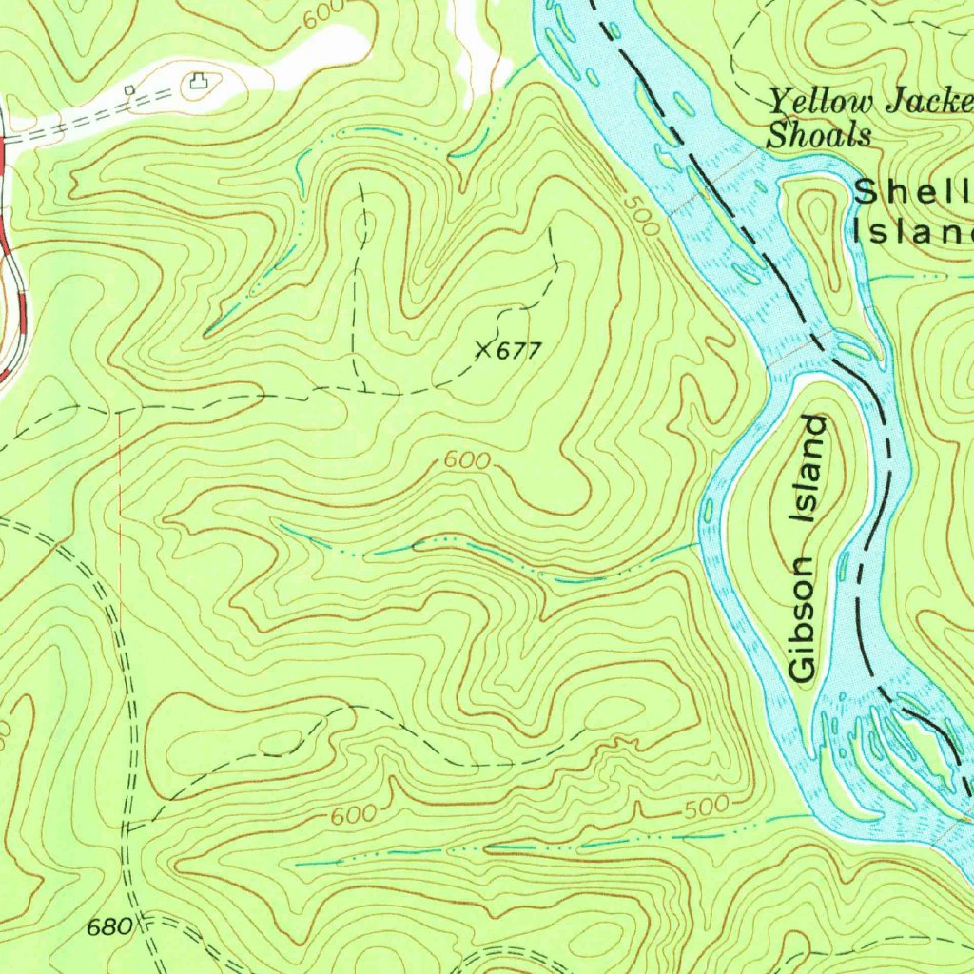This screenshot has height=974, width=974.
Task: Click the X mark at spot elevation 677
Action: (x=486, y=350)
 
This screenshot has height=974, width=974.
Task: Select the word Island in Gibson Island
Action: (x=810, y=470)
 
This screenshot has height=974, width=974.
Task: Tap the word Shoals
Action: (x=819, y=135)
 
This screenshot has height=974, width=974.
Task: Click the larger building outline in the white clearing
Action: (x=198, y=82)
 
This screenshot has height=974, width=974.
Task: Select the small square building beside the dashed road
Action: (x=129, y=90)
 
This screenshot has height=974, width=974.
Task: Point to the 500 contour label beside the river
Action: (x=643, y=216)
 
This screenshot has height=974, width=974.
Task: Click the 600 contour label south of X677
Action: (x=467, y=460)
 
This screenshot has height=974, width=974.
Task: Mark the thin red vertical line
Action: (x=120, y=495)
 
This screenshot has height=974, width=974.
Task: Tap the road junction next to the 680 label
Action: (x=143, y=921)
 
